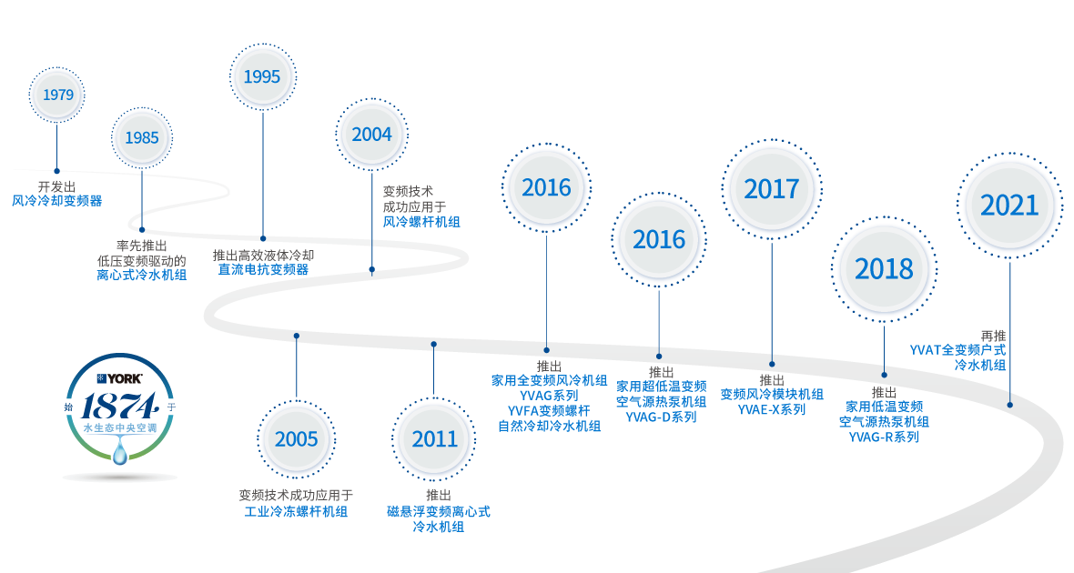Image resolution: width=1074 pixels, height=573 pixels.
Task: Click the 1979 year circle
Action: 56,95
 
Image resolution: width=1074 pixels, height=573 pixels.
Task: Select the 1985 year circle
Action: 142,138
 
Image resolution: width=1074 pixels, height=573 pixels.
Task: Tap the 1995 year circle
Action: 262,76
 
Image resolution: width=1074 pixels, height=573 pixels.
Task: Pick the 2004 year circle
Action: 372,135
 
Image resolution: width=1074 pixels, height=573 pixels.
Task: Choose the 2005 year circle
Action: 297,438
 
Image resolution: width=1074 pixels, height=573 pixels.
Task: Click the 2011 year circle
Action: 433,438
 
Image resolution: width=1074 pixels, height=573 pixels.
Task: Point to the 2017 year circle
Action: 772,189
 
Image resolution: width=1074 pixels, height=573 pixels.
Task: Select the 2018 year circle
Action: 884,269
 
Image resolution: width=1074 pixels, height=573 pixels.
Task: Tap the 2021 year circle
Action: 1009,206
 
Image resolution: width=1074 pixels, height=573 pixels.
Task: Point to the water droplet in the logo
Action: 120,453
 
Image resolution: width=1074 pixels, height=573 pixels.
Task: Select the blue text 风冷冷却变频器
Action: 56,201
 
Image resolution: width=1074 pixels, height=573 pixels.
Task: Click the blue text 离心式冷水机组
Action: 142,276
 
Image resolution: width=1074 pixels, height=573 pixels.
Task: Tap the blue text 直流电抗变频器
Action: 263,270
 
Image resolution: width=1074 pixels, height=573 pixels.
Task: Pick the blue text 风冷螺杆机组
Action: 421,222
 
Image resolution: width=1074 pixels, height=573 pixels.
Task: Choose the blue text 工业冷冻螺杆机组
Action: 296,511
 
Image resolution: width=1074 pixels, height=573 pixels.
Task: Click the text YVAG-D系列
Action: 661,417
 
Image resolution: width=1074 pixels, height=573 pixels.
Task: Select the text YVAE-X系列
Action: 771,409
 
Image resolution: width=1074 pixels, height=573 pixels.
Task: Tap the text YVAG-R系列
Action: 884,437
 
